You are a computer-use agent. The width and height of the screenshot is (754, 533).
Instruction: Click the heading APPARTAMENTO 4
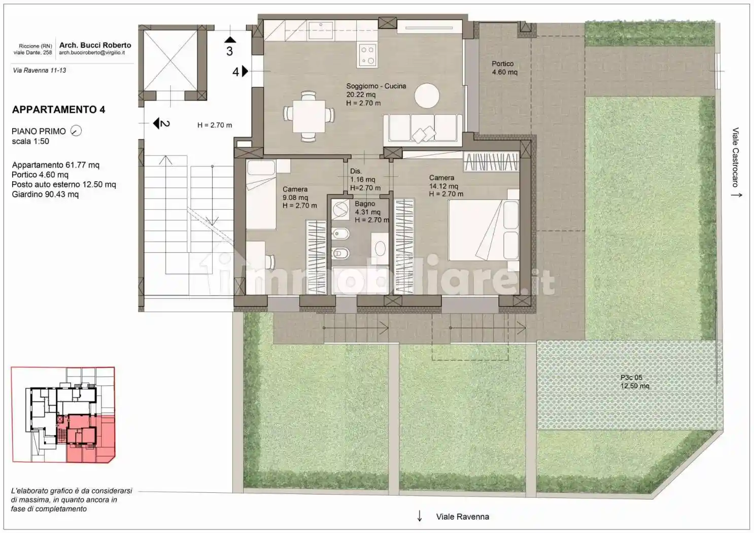point(58,110)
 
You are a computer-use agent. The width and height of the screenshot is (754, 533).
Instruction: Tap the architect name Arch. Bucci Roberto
point(95,45)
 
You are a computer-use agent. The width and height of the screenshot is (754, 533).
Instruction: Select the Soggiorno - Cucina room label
point(376,86)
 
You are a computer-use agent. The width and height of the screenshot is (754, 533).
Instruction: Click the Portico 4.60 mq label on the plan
point(504,68)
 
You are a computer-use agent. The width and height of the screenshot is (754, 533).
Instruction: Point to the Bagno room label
point(365,204)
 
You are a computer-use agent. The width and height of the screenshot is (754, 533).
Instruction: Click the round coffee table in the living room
point(427,95)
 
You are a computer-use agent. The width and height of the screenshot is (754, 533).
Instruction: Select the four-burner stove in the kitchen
point(367,55)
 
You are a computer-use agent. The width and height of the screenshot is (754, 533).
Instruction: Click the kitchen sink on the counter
point(321,27)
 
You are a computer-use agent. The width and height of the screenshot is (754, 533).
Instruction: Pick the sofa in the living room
point(423,128)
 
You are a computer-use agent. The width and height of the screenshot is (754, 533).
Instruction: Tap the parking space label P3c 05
point(631,378)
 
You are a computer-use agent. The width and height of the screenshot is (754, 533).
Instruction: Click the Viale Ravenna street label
point(462,517)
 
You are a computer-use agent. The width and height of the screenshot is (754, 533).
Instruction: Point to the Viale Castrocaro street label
point(735,157)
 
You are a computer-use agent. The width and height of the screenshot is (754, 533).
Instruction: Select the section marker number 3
point(229,51)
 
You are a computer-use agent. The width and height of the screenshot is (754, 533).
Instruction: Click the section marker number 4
point(235,72)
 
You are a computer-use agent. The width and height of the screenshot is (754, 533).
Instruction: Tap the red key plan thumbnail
point(63,414)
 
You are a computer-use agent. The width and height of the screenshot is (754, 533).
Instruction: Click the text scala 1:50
point(30,142)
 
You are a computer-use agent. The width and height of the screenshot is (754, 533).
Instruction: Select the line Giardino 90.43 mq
point(45,194)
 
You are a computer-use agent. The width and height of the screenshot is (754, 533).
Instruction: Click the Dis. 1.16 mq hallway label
point(362,176)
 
